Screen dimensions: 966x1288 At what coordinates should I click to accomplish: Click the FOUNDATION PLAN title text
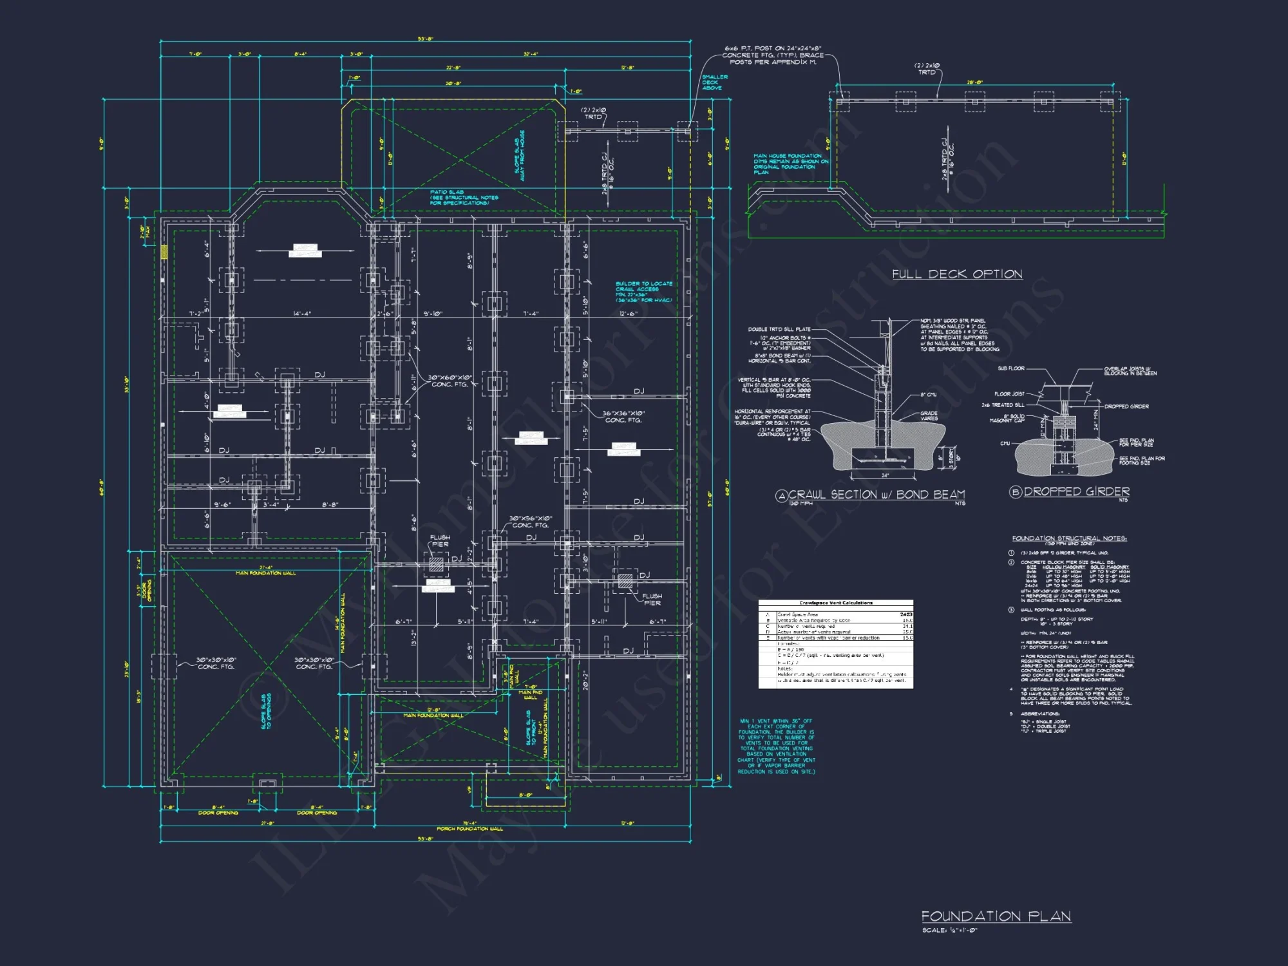pos(996,916)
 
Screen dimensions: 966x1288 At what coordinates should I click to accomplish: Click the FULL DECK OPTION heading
pos(957,274)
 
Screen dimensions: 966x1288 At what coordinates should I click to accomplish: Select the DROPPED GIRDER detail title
pos(1076,491)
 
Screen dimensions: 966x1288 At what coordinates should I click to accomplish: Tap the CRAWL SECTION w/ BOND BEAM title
pos(876,495)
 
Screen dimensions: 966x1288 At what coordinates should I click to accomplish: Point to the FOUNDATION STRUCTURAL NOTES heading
pos(1069,538)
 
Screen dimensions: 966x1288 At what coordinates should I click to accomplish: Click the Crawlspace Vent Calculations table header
pos(835,603)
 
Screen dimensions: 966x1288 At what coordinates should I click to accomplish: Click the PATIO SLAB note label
pos(464,197)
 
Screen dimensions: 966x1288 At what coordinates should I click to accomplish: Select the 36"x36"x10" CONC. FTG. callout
pos(624,417)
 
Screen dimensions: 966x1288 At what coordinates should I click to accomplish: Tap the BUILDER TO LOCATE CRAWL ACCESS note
pos(643,292)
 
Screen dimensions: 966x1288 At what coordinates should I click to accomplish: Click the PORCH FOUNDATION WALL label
pos(469,829)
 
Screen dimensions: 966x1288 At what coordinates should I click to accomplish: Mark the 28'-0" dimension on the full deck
pos(974,82)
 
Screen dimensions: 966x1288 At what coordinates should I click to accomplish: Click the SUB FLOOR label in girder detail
pos(1011,368)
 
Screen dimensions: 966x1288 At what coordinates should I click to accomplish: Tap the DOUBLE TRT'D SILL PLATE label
pos(779,329)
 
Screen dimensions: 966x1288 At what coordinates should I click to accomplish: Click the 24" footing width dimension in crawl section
pos(885,475)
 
